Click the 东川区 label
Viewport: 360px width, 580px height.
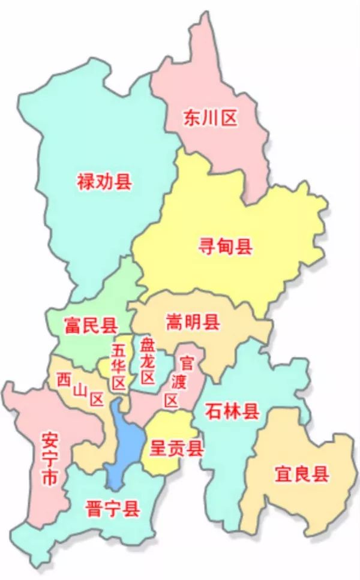[210, 118]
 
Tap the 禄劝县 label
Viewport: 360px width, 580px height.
[104, 181]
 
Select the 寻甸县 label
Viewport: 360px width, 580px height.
[226, 246]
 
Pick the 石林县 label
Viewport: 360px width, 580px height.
[232, 411]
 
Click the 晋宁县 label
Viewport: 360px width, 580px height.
[112, 510]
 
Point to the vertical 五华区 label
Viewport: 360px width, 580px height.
[119, 365]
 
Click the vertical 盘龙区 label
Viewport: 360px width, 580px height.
[147, 360]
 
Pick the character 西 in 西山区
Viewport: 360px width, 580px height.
[63, 379]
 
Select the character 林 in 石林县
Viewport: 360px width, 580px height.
[232, 411]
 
